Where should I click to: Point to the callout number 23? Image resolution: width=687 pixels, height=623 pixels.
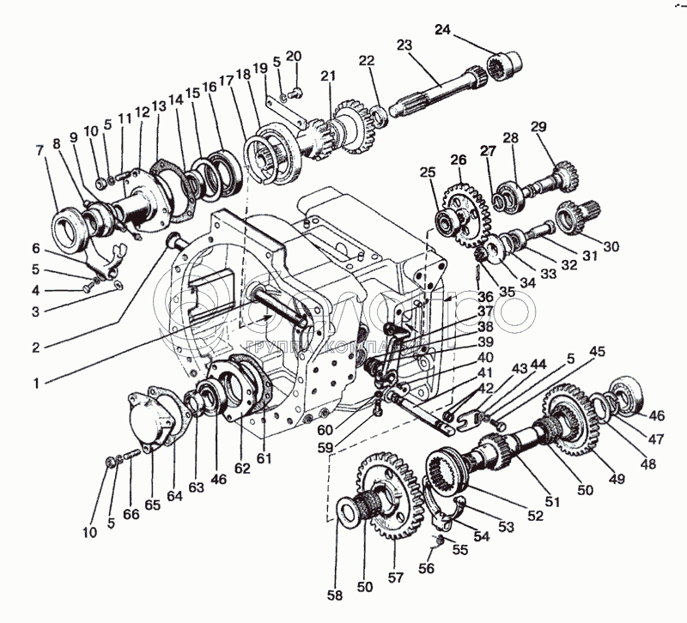[x=404, y=45]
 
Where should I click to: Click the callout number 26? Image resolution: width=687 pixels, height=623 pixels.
[x=458, y=160]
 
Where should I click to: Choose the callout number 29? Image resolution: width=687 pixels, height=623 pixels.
[x=539, y=126]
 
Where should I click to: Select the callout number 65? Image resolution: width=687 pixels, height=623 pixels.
[x=152, y=505]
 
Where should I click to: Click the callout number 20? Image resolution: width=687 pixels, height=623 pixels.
[x=295, y=56]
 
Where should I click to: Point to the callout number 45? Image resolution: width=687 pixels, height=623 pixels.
[x=596, y=351]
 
